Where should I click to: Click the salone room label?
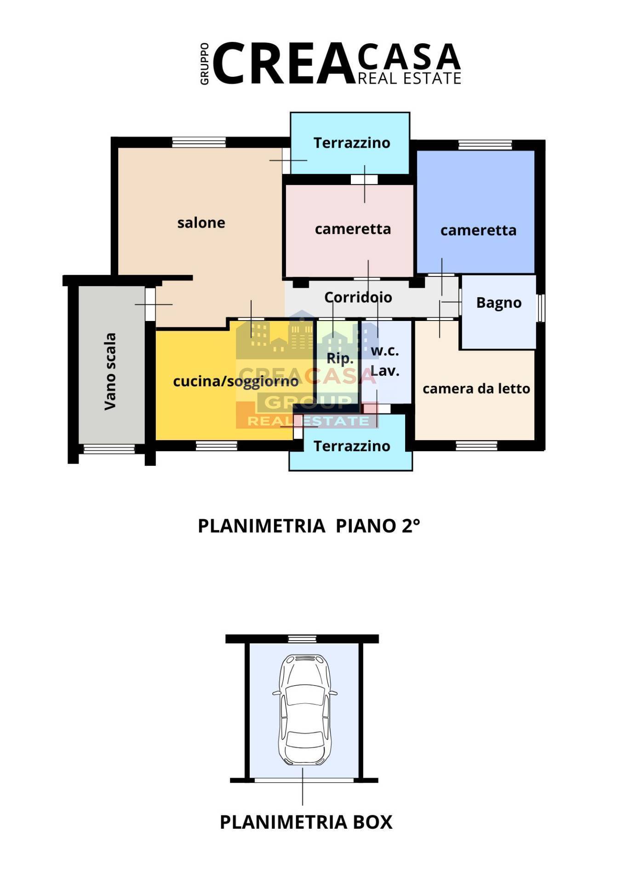click(201, 223)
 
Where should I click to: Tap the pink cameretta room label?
click(353, 229)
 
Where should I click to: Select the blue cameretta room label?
click(478, 230)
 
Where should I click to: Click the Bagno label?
click(498, 303)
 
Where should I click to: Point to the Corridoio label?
click(358, 298)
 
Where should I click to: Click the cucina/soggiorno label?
click(235, 382)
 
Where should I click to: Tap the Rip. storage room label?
click(340, 358)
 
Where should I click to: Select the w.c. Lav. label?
click(384, 361)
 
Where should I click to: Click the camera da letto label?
click(476, 389)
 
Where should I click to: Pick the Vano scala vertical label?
click(110, 372)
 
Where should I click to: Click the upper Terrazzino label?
click(352, 143)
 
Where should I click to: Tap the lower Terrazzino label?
click(352, 446)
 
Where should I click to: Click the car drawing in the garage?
click(303, 710)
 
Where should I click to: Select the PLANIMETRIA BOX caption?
click(306, 822)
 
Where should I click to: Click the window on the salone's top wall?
click(199, 142)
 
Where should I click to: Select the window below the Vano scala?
click(109, 449)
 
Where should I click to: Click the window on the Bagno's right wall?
click(541, 307)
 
